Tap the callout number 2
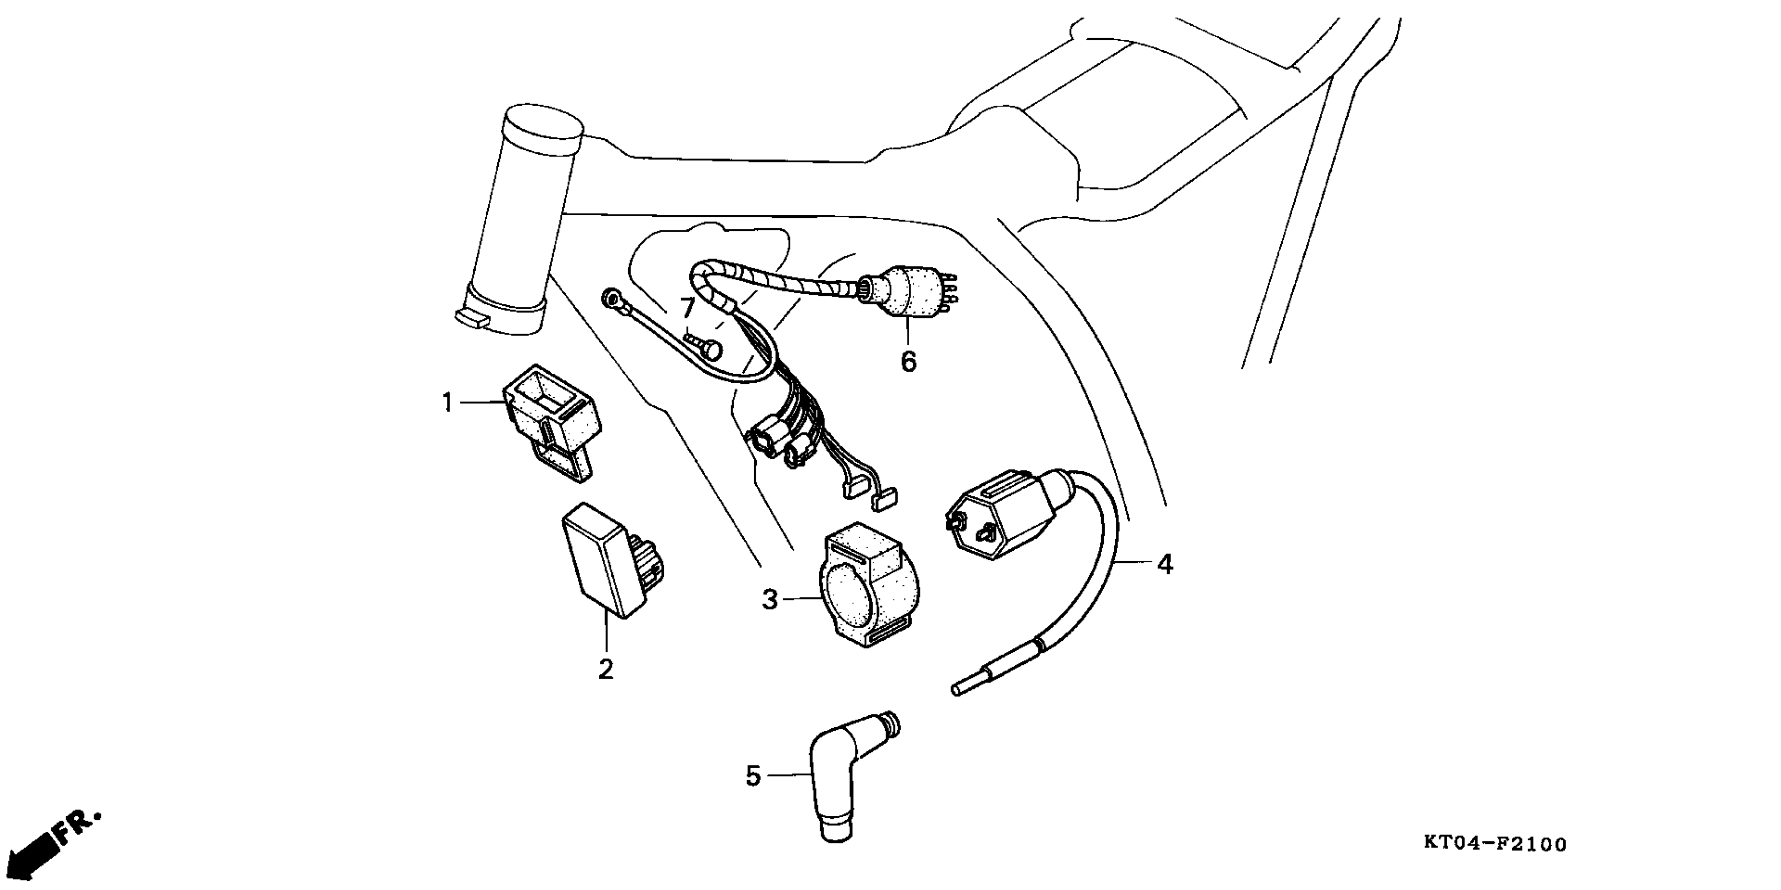pos(606,670)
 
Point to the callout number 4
pos(1165,564)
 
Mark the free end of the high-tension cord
pos(958,689)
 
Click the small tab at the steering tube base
pos(472,318)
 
